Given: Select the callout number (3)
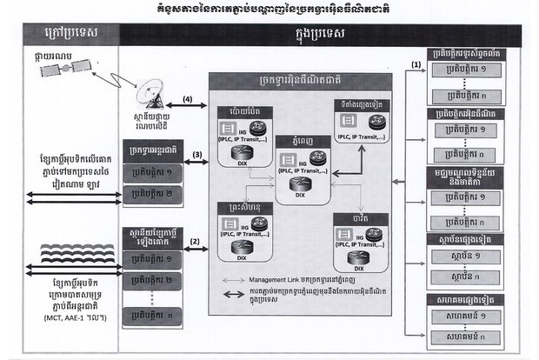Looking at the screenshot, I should [196, 155].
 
